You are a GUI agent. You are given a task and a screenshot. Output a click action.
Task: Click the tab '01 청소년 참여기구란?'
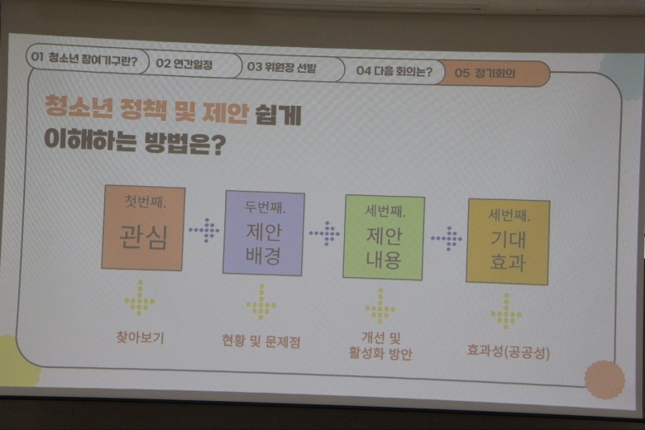tap(86, 60)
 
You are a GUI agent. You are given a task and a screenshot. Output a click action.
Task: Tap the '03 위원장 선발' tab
tap(291, 68)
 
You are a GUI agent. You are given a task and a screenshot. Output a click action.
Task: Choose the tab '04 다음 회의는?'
tap(394, 71)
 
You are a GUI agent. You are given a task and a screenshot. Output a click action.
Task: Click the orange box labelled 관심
tap(143, 227)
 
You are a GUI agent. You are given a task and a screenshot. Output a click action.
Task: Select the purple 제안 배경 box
tap(264, 233)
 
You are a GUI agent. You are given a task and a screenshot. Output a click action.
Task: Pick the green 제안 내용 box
tap(384, 237)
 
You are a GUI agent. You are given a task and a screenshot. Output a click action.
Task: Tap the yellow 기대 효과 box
tap(508, 242)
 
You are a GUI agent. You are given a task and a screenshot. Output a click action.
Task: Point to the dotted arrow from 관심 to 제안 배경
tap(204, 230)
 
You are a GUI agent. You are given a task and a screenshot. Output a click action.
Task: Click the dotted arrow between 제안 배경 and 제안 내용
tap(324, 233)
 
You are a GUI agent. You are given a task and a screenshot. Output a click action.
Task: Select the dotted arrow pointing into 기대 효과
tap(447, 238)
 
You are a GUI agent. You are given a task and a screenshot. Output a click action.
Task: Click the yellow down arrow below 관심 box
tap(140, 299)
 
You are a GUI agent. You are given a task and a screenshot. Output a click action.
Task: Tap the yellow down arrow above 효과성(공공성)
tap(506, 311)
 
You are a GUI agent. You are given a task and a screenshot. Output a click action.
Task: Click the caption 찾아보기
tap(141, 338)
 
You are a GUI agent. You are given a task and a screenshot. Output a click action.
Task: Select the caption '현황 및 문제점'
tap(261, 342)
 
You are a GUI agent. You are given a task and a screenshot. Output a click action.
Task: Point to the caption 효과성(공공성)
tap(509, 351)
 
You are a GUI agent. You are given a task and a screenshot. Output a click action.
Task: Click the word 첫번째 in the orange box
tap(145, 202)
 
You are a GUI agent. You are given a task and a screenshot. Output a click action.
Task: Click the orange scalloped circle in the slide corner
tap(604, 380)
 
